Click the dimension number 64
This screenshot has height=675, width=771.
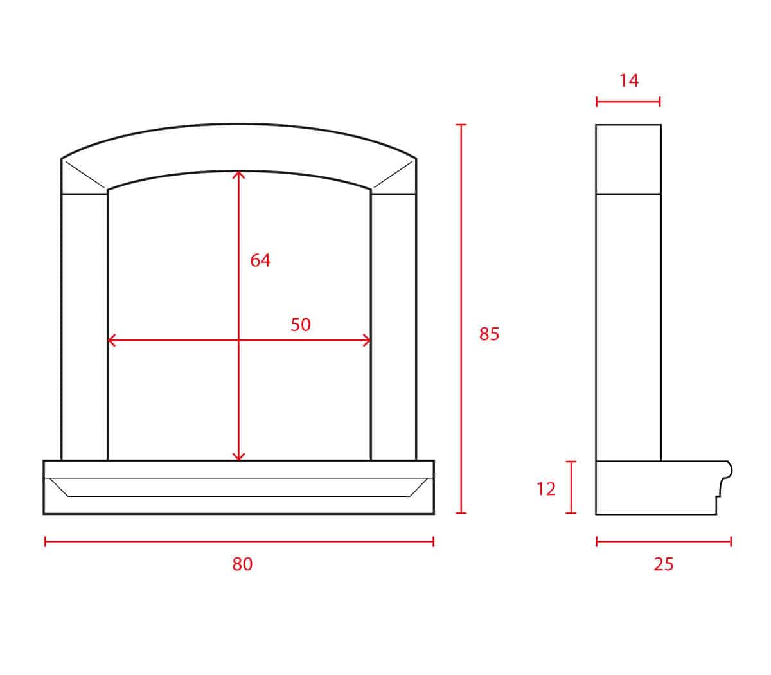[x=260, y=260]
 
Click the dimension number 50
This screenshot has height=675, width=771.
[x=300, y=325]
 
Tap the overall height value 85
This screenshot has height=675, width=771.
[x=489, y=334]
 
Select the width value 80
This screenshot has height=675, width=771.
[x=242, y=564]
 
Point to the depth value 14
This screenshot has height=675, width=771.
[x=629, y=81]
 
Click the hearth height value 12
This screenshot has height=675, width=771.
[x=545, y=489]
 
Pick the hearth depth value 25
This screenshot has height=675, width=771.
[x=663, y=564]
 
